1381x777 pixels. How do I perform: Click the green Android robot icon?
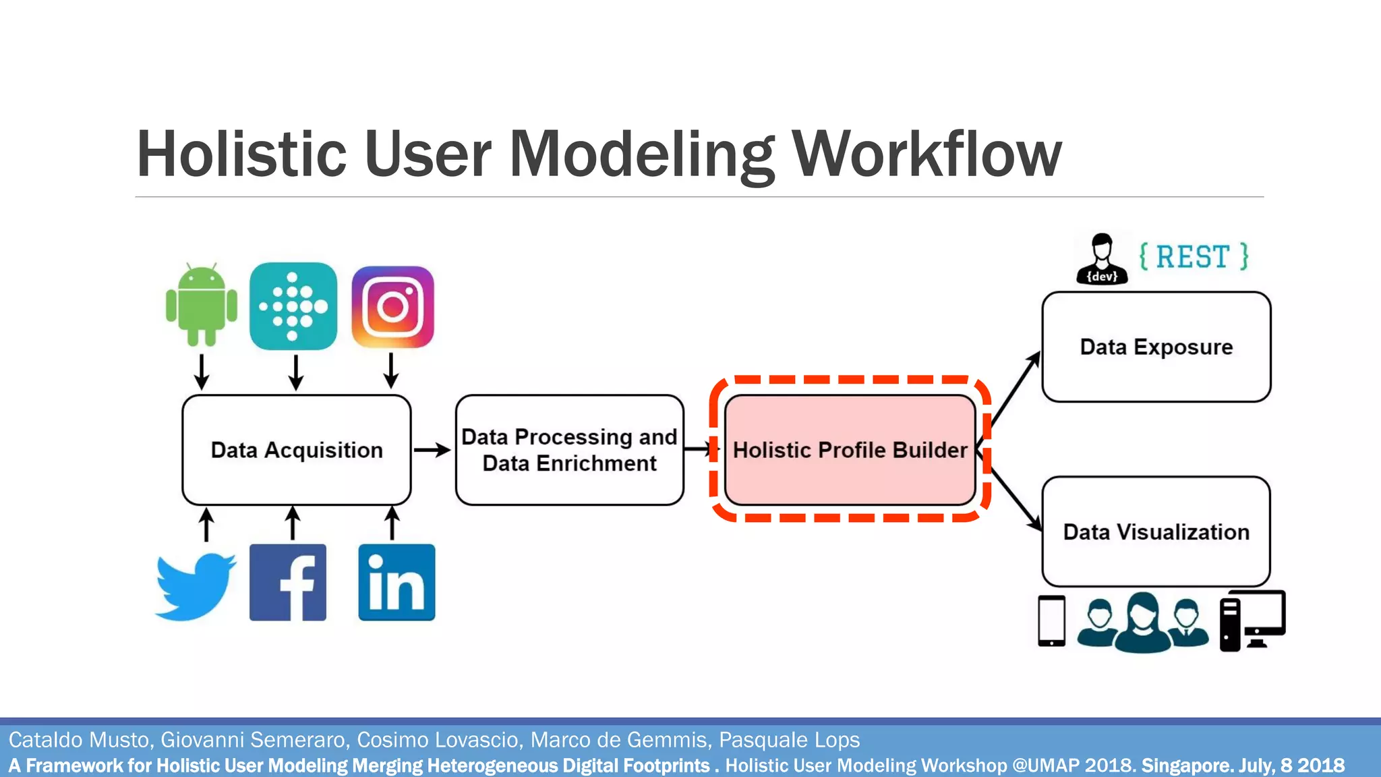202,305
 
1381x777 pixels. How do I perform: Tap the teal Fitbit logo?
293,306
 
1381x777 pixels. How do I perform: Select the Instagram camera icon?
393,307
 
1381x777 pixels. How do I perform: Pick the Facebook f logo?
288,582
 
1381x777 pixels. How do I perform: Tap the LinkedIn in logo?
396,582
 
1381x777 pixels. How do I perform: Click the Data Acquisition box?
297,450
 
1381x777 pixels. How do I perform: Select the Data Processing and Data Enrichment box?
570,450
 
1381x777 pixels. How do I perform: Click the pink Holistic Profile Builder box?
850,450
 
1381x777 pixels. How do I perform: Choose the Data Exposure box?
1156,347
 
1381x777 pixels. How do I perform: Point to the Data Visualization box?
1156,531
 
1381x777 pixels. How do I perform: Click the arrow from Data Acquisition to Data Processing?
432,450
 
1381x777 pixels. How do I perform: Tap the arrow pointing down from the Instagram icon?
391,370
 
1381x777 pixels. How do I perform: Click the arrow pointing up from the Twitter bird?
206,525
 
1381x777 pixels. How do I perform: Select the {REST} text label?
1194,257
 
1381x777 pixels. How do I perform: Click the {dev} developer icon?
1102,259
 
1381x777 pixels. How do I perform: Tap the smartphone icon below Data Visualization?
1051,621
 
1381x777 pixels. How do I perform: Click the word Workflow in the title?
927,155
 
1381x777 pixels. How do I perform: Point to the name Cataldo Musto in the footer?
78,740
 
